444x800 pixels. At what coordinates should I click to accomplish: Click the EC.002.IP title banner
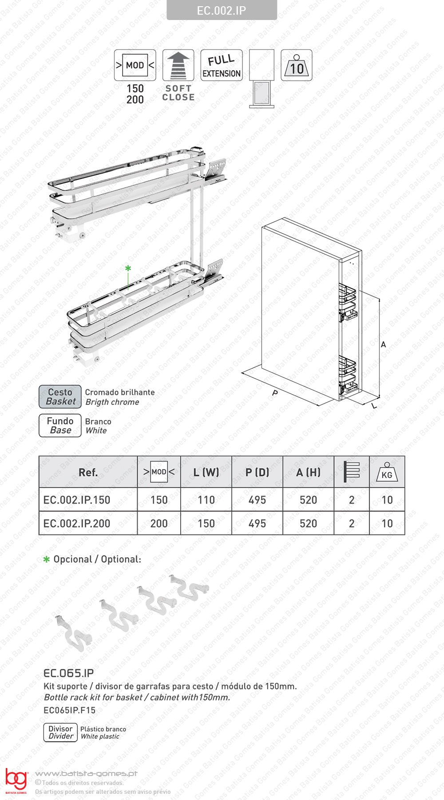point(222,10)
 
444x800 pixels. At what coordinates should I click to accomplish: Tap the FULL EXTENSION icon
point(222,65)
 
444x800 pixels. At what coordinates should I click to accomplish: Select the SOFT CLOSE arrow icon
point(178,65)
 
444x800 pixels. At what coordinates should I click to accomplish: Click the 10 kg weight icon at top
point(297,65)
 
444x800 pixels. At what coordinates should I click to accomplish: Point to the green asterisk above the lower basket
point(128,268)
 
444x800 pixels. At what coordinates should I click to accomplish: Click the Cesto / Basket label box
point(60,396)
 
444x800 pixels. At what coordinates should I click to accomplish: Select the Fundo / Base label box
point(60,425)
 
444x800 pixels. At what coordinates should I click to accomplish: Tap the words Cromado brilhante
point(120,392)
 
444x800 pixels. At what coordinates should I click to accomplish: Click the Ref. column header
point(88,472)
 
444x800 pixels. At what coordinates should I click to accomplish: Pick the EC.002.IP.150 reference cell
point(77,500)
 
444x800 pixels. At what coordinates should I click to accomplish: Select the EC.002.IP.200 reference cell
point(77,524)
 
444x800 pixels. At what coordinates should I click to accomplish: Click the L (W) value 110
point(206,500)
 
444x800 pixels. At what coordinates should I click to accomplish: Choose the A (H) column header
point(308,472)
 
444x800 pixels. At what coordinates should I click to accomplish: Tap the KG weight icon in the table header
point(387,472)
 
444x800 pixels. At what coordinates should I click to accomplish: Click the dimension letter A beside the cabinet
point(383,344)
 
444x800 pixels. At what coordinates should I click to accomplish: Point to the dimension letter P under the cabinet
point(275,393)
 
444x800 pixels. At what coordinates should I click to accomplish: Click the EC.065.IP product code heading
point(69,673)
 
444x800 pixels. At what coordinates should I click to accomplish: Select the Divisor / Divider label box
point(61,732)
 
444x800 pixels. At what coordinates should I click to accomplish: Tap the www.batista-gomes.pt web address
point(86,774)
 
